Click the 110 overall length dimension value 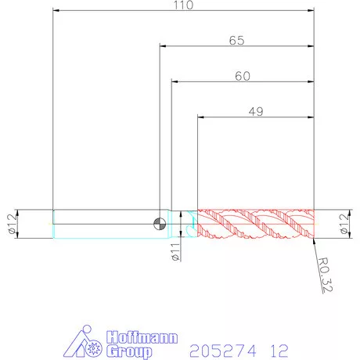(x=184, y=5)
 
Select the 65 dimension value (x=237, y=41)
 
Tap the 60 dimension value (x=243, y=76)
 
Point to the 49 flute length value (x=256, y=112)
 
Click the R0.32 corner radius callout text (x=325, y=275)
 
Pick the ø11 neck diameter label (x=176, y=252)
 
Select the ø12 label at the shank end (x=13, y=224)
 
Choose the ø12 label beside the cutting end (x=344, y=224)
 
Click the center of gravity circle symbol (x=160, y=224)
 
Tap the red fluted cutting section (x=256, y=224)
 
